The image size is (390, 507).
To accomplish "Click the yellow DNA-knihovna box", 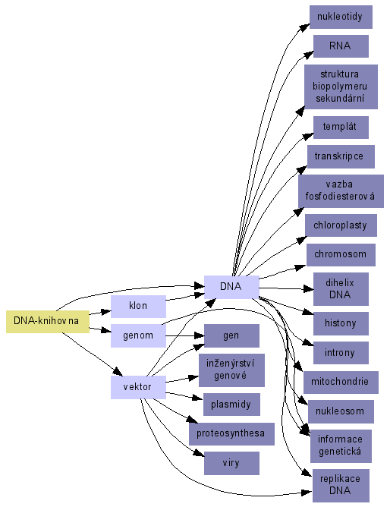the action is coord(48,322).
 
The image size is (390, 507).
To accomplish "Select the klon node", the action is coord(138,306).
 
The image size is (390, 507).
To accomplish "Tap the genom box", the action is coord(138,336).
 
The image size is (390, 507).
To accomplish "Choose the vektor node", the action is coord(138,387).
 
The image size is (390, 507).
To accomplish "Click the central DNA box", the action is coord(231,287).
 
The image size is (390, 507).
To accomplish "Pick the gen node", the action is coord(231,336).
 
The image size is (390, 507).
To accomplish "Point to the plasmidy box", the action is coord(231,405).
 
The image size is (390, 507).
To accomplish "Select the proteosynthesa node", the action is coord(231,434).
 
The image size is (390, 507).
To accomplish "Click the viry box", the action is coord(231,463).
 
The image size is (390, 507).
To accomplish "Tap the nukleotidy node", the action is coord(341,17).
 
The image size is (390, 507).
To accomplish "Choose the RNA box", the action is coord(341,46).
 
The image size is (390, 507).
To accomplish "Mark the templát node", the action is coord(341,128).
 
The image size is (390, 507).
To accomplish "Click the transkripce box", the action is coord(341,156).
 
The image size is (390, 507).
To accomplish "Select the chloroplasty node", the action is coord(341,225).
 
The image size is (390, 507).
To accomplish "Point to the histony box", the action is coord(341,323).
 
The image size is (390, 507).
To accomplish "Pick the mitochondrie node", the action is coord(341,383).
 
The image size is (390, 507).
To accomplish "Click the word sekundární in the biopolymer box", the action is coord(340,99).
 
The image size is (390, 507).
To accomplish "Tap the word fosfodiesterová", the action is coord(340,196).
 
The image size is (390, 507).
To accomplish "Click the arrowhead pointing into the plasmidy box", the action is coord(197,398).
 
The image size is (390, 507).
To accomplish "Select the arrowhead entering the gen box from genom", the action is coord(199,336).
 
